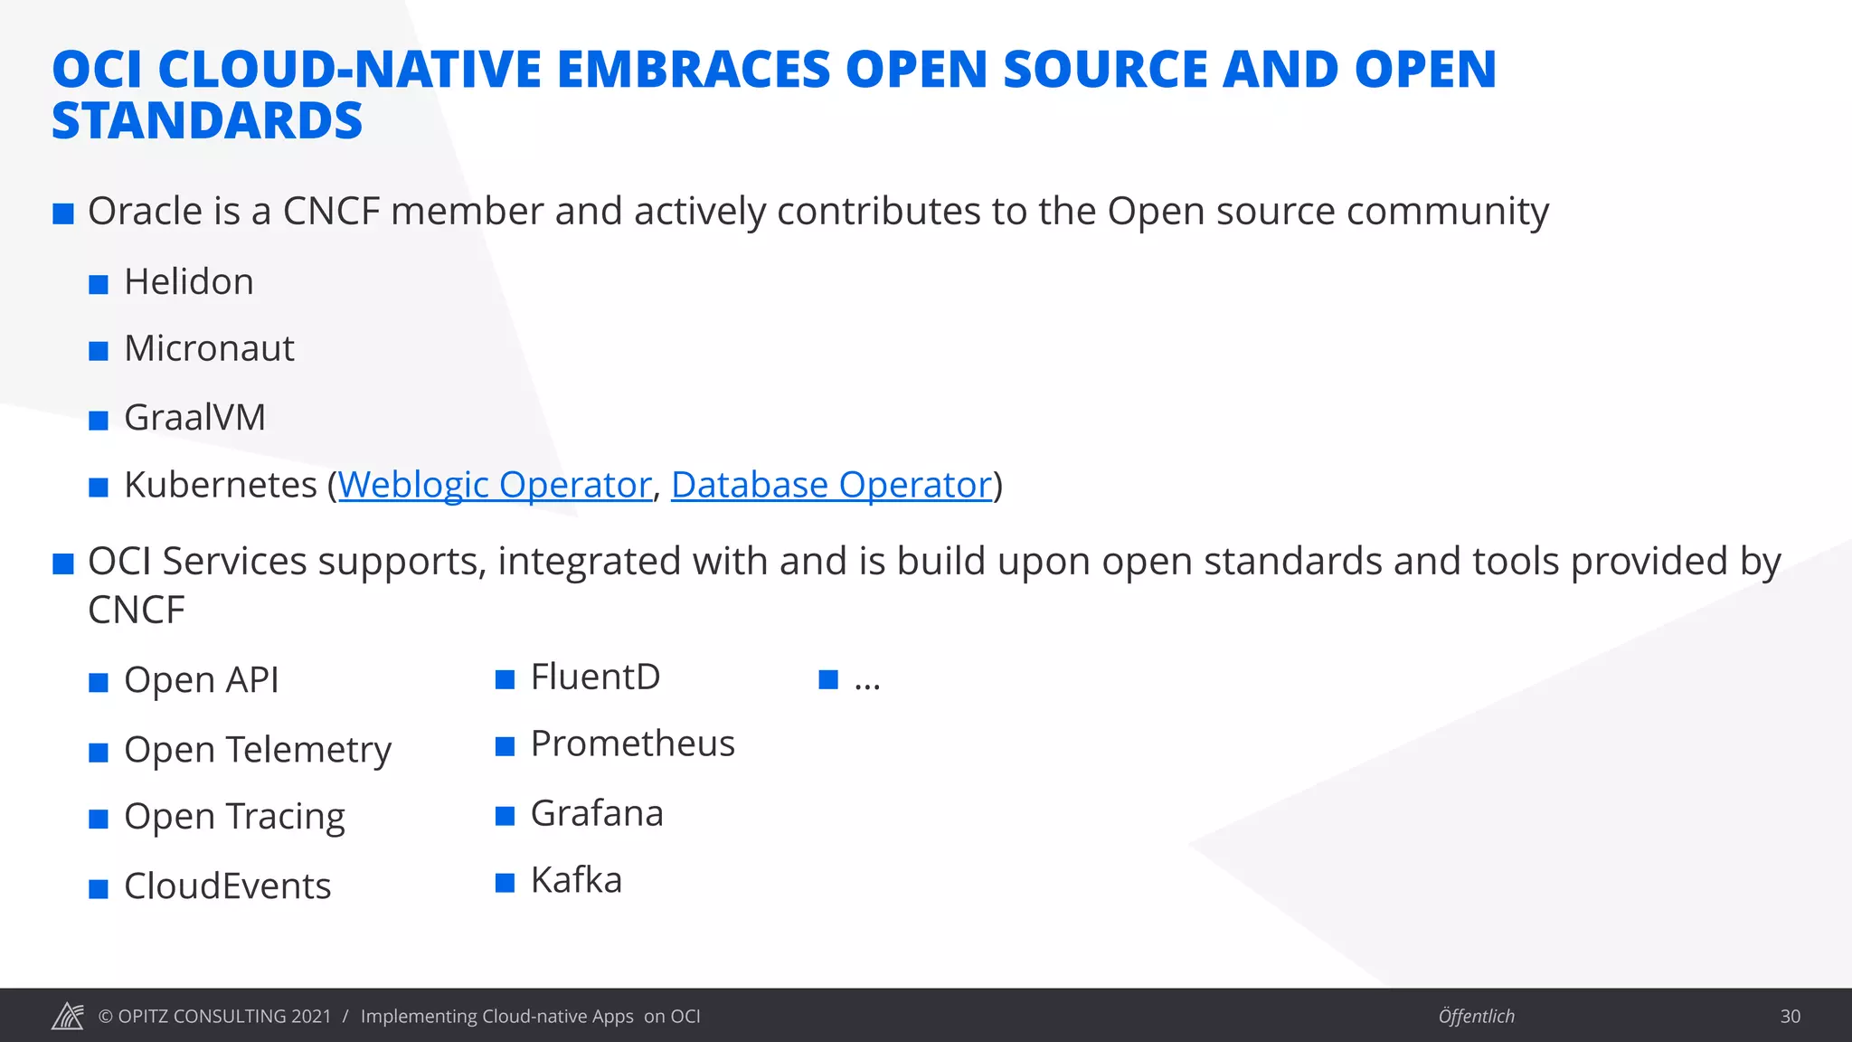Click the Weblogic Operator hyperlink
pyautogui.click(x=495, y=486)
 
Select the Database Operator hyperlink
pyautogui.click(x=831, y=486)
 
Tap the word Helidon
pyautogui.click(x=189, y=282)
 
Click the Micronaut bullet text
pyautogui.click(x=209, y=349)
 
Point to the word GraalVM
pyautogui.click(x=194, y=418)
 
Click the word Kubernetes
pyautogui.click(x=221, y=486)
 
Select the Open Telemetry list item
pyautogui.click(x=258, y=750)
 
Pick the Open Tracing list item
pyautogui.click(x=234, y=817)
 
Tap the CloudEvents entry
pyautogui.click(x=227, y=886)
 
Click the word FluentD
pyautogui.click(x=595, y=677)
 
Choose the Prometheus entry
pyautogui.click(x=632, y=744)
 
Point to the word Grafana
pyautogui.click(x=597, y=814)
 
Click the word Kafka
pyautogui.click(x=576, y=881)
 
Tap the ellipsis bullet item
pyautogui.click(x=866, y=680)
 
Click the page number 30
pyautogui.click(x=1790, y=1017)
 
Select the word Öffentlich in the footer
pyautogui.click(x=1476, y=1017)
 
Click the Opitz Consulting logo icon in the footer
pyautogui.click(x=68, y=1017)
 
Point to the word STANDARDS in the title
pyautogui.click(x=207, y=121)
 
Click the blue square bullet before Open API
pyautogui.click(x=99, y=683)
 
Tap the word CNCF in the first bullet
pyautogui.click(x=331, y=212)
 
